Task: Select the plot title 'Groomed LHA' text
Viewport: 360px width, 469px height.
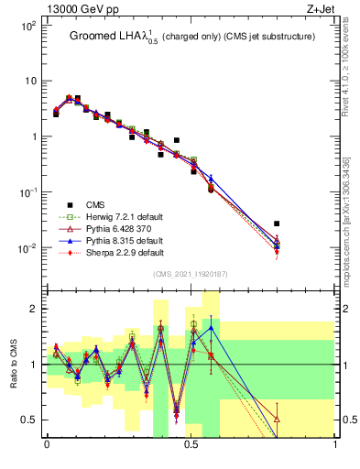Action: click(x=108, y=37)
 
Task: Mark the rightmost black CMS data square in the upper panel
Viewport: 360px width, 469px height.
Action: click(x=277, y=224)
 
